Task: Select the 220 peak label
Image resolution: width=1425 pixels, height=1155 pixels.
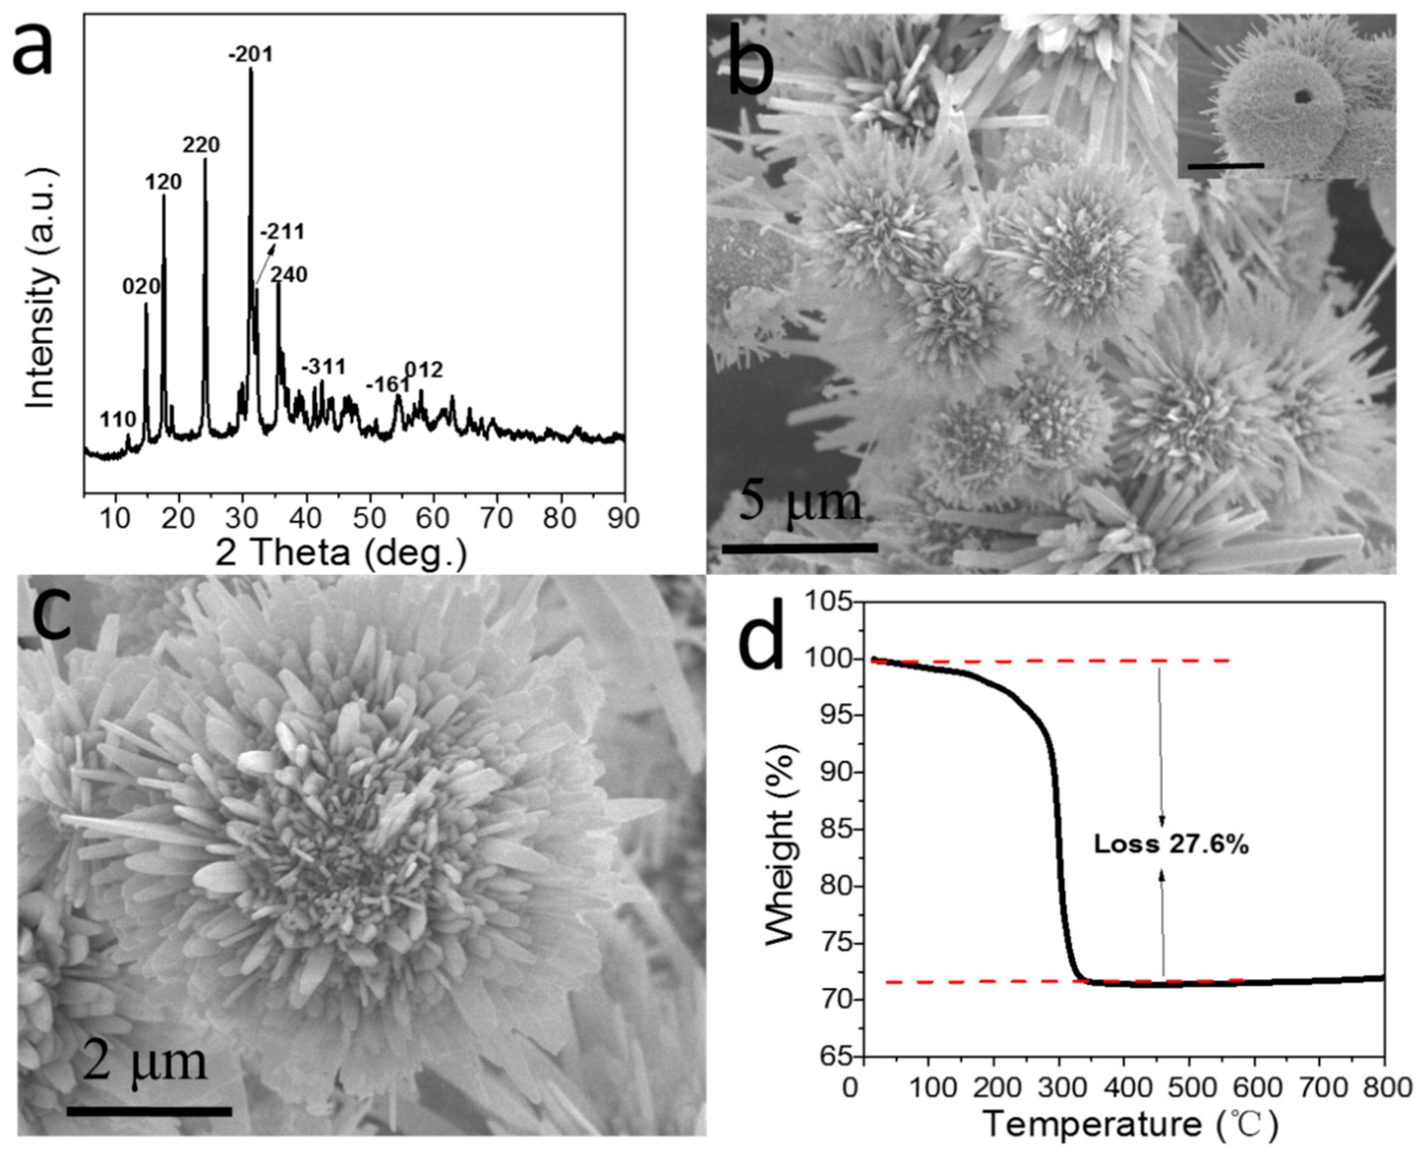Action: tap(201, 145)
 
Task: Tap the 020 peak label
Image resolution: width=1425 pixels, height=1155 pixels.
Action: tap(141, 287)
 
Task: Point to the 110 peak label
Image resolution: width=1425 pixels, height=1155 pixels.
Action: tap(118, 419)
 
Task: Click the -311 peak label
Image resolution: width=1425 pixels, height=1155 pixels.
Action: tap(324, 367)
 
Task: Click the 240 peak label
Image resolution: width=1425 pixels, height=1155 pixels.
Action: tap(289, 274)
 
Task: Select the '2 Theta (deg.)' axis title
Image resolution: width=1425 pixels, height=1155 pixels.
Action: tap(340, 553)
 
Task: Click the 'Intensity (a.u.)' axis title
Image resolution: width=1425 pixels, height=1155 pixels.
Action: tap(41, 288)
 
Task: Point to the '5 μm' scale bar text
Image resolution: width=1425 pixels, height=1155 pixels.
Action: tap(800, 503)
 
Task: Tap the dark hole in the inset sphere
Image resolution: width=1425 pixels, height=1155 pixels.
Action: tap(1301, 97)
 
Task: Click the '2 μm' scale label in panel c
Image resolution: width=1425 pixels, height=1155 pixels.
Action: tap(145, 1062)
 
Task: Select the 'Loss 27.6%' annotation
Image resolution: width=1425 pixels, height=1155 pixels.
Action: tap(1171, 845)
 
